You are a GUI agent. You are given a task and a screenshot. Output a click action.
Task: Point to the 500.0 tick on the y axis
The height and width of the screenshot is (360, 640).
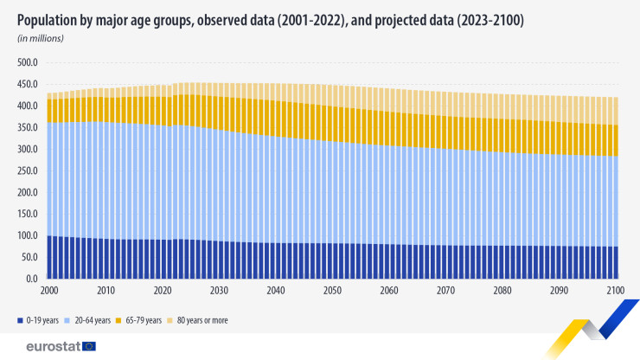(29, 62)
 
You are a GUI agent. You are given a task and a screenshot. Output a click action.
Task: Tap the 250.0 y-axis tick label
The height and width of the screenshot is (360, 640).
(29, 170)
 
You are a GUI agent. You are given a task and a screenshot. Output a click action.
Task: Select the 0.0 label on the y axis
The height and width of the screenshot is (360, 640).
(34, 279)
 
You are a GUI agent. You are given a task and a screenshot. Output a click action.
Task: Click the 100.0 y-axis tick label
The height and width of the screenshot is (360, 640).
(29, 235)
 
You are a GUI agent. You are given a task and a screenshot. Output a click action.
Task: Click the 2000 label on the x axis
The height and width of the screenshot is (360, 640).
(49, 291)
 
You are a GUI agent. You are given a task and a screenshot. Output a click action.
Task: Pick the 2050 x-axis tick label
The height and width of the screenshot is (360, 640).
(333, 291)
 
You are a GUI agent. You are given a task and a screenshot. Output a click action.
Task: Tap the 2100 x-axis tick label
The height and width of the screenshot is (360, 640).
(617, 291)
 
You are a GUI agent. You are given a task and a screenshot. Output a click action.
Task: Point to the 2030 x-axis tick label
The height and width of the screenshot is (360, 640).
(220, 291)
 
